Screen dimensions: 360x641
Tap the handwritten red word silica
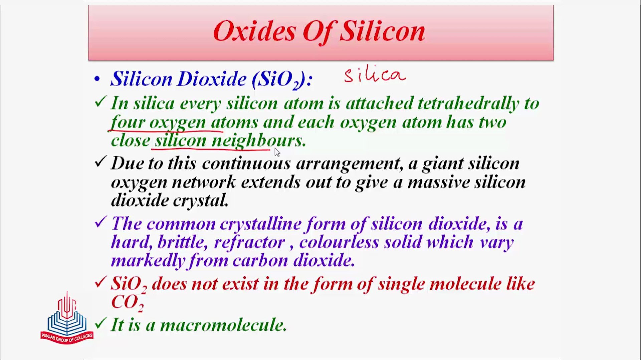(x=375, y=75)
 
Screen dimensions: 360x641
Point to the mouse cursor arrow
(x=277, y=152)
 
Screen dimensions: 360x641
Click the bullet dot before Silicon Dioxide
(x=97, y=79)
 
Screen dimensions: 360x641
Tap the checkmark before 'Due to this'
(x=100, y=162)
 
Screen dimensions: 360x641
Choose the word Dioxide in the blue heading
(x=212, y=79)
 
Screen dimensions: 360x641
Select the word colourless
(x=339, y=242)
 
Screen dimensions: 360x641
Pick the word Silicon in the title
(x=382, y=31)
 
